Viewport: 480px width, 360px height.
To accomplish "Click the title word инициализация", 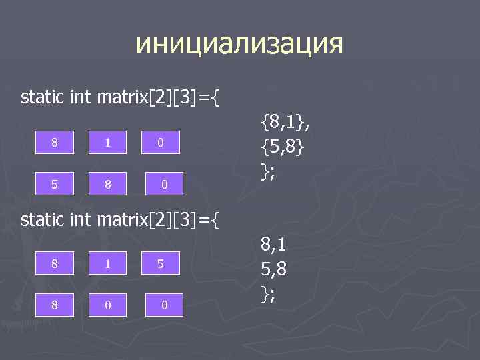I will click(x=239, y=45).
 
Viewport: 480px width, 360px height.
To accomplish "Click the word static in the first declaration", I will click(x=43, y=98).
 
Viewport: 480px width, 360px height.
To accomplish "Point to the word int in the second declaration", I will click(x=81, y=219).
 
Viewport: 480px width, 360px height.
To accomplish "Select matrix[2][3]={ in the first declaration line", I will click(x=158, y=99).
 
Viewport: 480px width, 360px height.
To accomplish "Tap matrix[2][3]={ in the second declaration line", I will click(x=158, y=219).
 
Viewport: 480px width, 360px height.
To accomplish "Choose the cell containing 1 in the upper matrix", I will click(x=107, y=143).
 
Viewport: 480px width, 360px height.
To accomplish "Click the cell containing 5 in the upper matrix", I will click(x=56, y=182).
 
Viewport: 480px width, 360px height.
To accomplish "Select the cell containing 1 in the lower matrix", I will click(x=107, y=265).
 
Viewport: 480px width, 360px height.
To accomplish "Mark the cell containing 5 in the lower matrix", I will click(x=159, y=265).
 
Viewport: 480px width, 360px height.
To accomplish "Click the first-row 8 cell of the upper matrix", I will click(x=56, y=143).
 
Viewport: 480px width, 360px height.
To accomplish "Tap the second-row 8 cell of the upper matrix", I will click(x=107, y=182).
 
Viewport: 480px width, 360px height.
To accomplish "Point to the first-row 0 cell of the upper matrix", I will click(x=159, y=143).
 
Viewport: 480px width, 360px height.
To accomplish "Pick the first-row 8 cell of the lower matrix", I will click(x=56, y=265).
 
